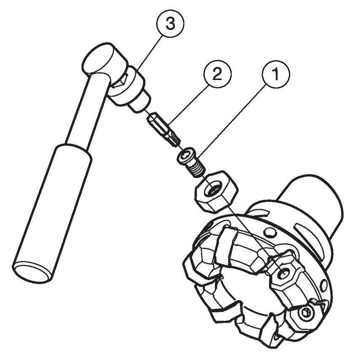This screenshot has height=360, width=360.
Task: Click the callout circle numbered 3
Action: tap(170, 24)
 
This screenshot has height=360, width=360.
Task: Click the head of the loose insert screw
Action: tap(185, 156)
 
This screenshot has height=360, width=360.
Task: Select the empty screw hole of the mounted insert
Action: tap(284, 273)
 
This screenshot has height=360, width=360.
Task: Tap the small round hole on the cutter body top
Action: tap(270, 233)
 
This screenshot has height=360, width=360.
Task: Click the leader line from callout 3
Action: tap(149, 53)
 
